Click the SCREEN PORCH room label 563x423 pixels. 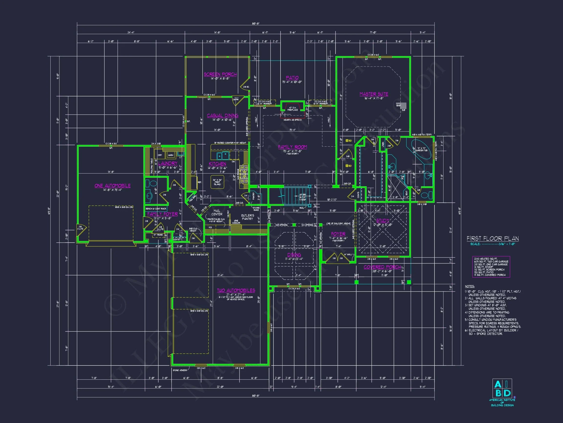pos(220,74)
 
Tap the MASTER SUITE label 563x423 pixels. pos(374,94)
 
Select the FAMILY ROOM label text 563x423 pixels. pos(292,147)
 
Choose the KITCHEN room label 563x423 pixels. pos(217,164)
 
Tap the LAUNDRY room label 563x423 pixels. pos(168,163)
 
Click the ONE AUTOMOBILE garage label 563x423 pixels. pos(112,186)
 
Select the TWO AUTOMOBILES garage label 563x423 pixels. pos(236,290)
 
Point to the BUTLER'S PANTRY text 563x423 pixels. pos(247,217)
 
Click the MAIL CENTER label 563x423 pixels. pos(217,212)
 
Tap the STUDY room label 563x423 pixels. pos(383,221)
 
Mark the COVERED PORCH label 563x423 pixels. pos(382,267)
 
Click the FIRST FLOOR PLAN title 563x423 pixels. pos(492,239)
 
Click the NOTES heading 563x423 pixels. pos(470,286)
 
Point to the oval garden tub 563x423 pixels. pos(421,149)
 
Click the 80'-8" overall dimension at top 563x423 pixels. pos(256,23)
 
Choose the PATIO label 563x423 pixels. pos(292,78)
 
